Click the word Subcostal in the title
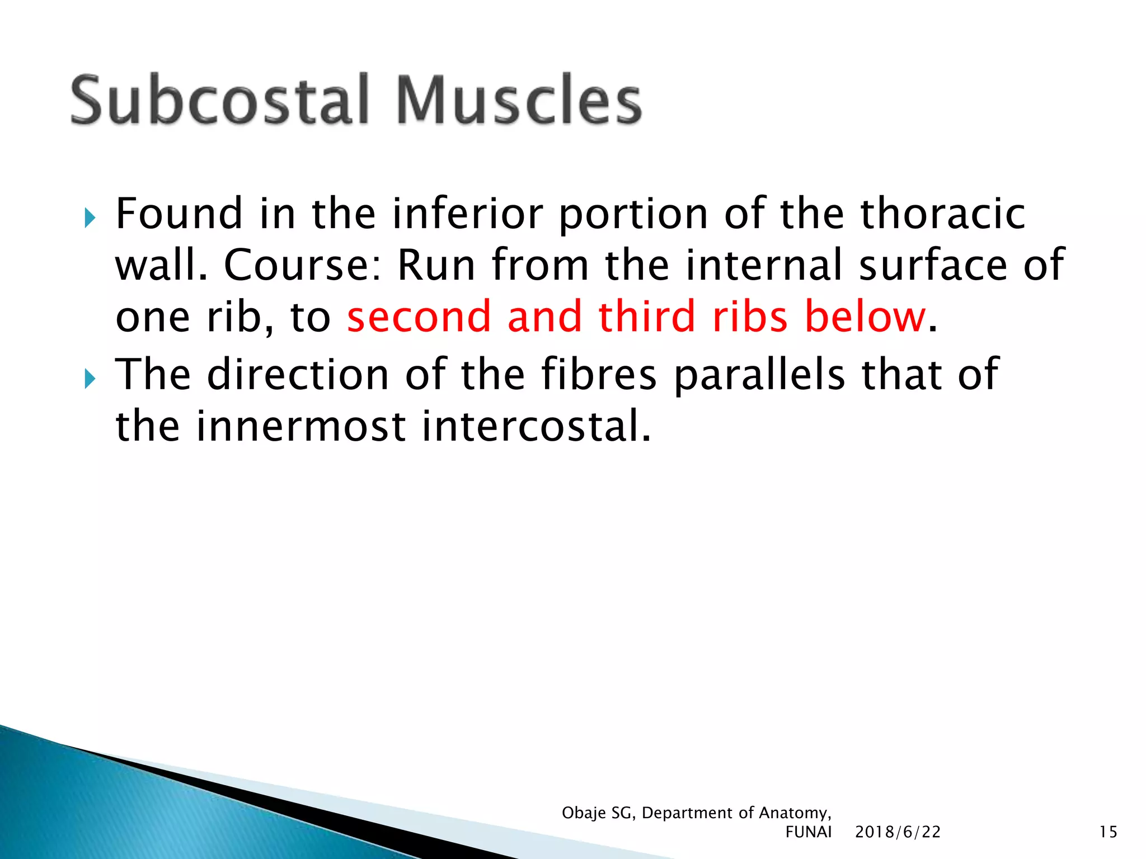[x=219, y=101]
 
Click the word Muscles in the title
[x=519, y=101]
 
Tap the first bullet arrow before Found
[x=90, y=218]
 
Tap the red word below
[x=865, y=317]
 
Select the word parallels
[x=759, y=375]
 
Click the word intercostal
[x=536, y=426]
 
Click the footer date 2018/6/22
[x=898, y=832]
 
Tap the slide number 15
[x=1108, y=832]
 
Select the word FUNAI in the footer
[x=808, y=832]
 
